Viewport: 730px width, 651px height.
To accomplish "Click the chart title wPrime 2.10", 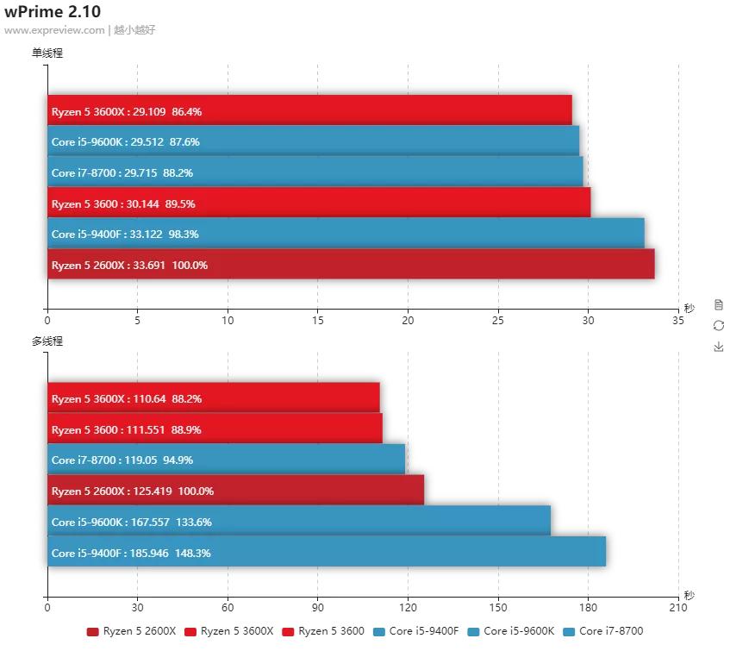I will point(53,12).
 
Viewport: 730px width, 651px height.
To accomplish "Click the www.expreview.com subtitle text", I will point(53,30).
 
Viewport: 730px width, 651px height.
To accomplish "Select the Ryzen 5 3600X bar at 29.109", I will point(309,111).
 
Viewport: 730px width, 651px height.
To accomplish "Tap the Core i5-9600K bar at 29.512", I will point(313,141).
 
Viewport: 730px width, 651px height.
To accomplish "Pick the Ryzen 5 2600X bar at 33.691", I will point(351,265).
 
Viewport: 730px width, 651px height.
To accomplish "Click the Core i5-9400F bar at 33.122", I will point(346,234).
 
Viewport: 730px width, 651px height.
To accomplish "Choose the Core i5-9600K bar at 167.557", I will point(298,522).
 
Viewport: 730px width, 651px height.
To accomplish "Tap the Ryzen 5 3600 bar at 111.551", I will point(215,429).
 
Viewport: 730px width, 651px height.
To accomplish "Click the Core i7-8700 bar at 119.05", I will point(226,460).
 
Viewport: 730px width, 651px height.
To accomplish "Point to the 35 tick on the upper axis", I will point(678,321).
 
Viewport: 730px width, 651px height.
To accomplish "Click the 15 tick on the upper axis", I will point(317,321).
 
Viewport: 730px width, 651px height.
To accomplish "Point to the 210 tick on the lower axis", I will point(678,608).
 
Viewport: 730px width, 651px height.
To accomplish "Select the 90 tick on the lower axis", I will point(317,608).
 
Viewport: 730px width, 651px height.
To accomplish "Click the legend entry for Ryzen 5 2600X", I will point(131,631).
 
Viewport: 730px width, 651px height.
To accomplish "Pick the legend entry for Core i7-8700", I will point(602,631).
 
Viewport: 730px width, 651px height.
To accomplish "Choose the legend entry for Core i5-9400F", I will point(416,631).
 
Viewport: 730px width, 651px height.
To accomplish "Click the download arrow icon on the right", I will point(719,347).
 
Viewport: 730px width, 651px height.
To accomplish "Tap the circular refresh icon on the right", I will point(719,325).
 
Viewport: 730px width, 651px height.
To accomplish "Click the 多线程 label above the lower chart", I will point(47,341).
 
